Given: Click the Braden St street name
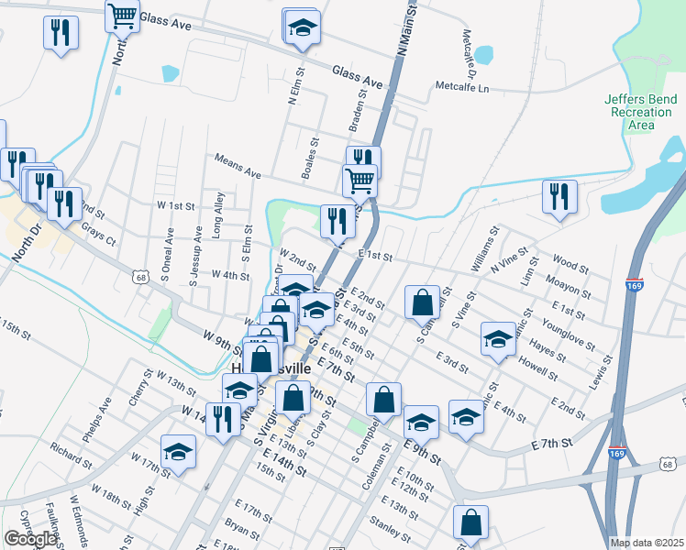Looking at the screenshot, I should pos(357,114).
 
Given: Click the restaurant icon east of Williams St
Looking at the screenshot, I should pos(559,196).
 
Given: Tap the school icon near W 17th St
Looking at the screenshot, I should pos(178,450).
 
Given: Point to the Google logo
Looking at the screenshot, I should pos(30,539).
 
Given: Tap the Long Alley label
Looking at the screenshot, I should pos(218,222).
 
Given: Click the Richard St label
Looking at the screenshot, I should pos(72,456).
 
